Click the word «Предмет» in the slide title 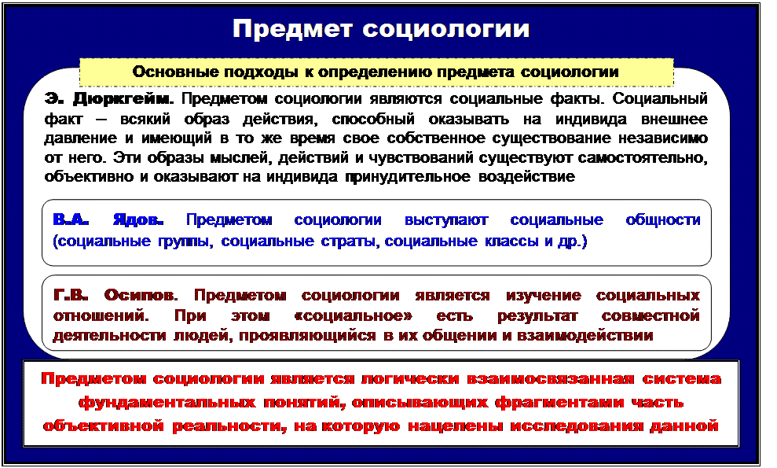[292, 29]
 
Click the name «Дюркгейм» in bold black [123, 99]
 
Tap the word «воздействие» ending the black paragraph [526, 177]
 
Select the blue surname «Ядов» [138, 220]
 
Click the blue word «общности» [662, 220]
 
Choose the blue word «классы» [512, 241]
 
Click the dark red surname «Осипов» [141, 295]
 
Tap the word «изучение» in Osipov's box [543, 295]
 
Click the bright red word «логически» [410, 379]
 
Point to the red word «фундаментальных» [167, 403]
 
